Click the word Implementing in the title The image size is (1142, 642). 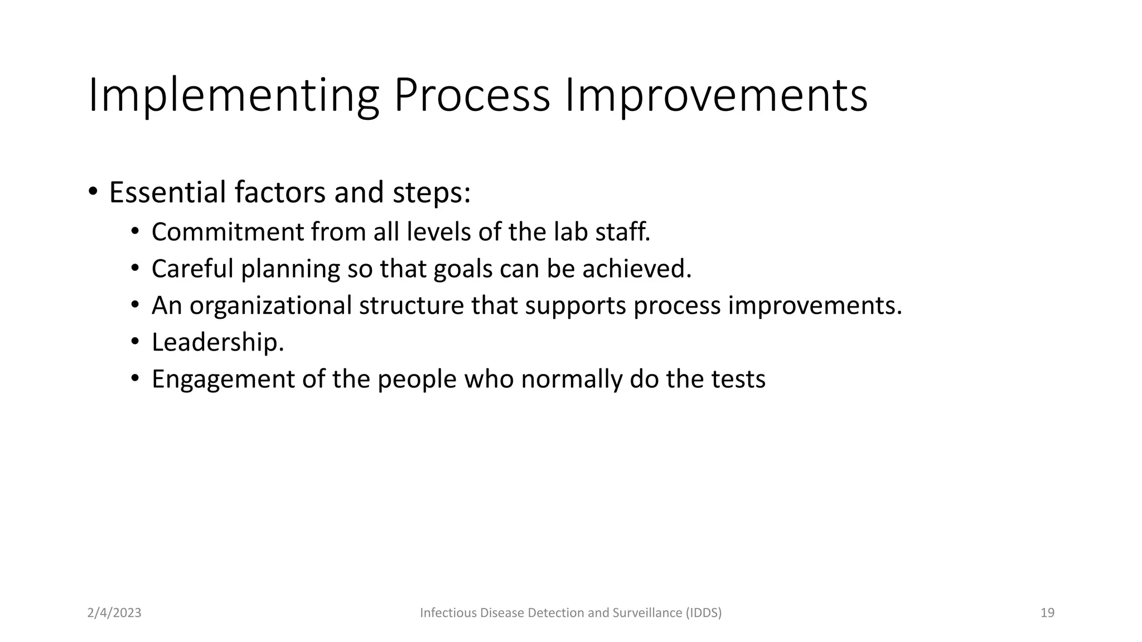(233, 96)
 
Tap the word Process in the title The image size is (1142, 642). (472, 96)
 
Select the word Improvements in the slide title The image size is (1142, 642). (716, 96)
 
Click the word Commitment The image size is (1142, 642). (227, 232)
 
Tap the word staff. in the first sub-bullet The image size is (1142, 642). (622, 232)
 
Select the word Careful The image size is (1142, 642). (192, 269)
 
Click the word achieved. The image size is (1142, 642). (637, 269)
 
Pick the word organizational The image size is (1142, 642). (270, 305)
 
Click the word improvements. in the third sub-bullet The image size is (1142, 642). (815, 305)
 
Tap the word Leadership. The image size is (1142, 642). (217, 342)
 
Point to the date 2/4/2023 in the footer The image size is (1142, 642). (114, 613)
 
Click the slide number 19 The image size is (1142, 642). (1047, 613)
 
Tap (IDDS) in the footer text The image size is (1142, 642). (704, 613)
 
